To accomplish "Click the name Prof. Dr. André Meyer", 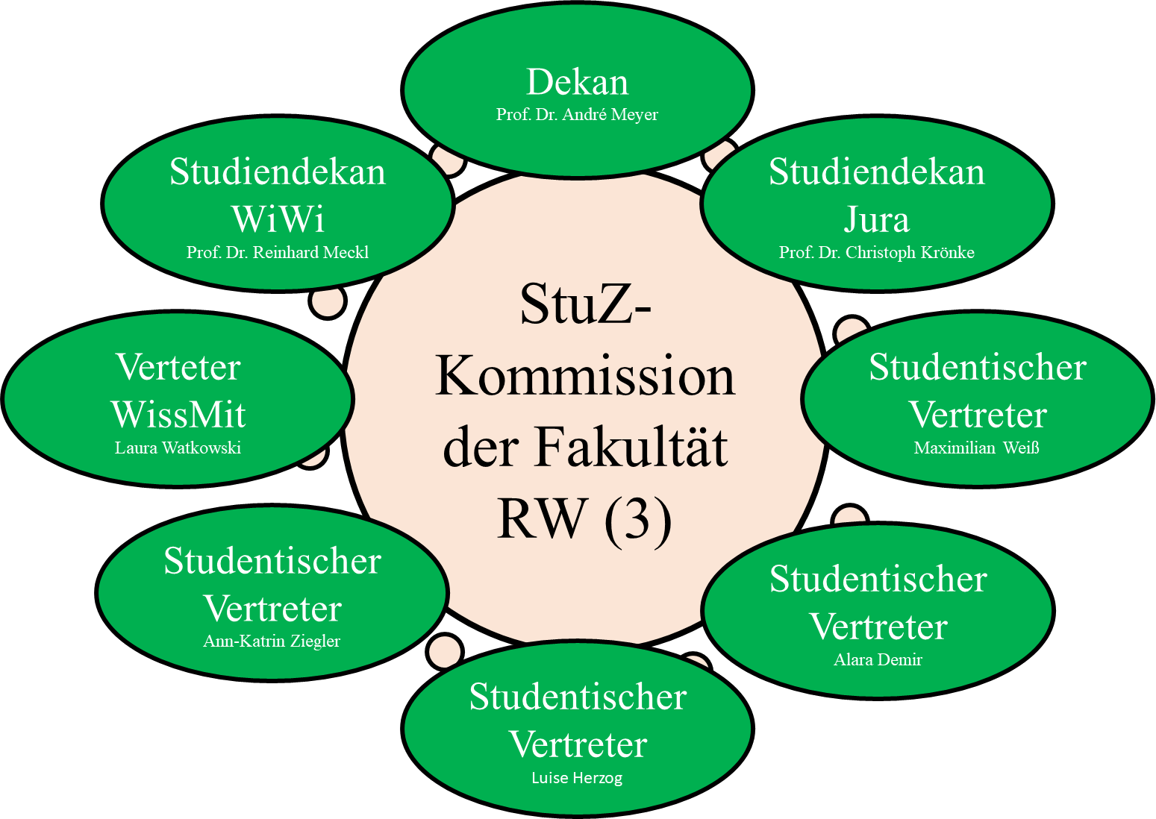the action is [577, 114].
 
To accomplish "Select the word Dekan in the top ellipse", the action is [578, 82].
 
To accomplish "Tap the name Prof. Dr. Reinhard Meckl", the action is [278, 252].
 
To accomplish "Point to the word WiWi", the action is [278, 219].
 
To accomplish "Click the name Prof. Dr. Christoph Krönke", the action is [877, 252].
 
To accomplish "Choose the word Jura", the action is [877, 220].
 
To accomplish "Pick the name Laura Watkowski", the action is [178, 448].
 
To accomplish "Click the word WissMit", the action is [178, 415].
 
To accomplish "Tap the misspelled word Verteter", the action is [178, 367].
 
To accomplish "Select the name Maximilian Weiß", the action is [976, 448].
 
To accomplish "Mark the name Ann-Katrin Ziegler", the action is [272, 641].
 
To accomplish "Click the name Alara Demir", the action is [878, 659].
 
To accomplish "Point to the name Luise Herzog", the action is [577, 778].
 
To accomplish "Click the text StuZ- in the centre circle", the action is [587, 305].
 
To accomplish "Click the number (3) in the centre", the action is [638, 519].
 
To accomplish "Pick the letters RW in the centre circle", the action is [542, 518].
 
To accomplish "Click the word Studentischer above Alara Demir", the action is [878, 579].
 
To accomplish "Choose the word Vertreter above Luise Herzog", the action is [578, 744].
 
